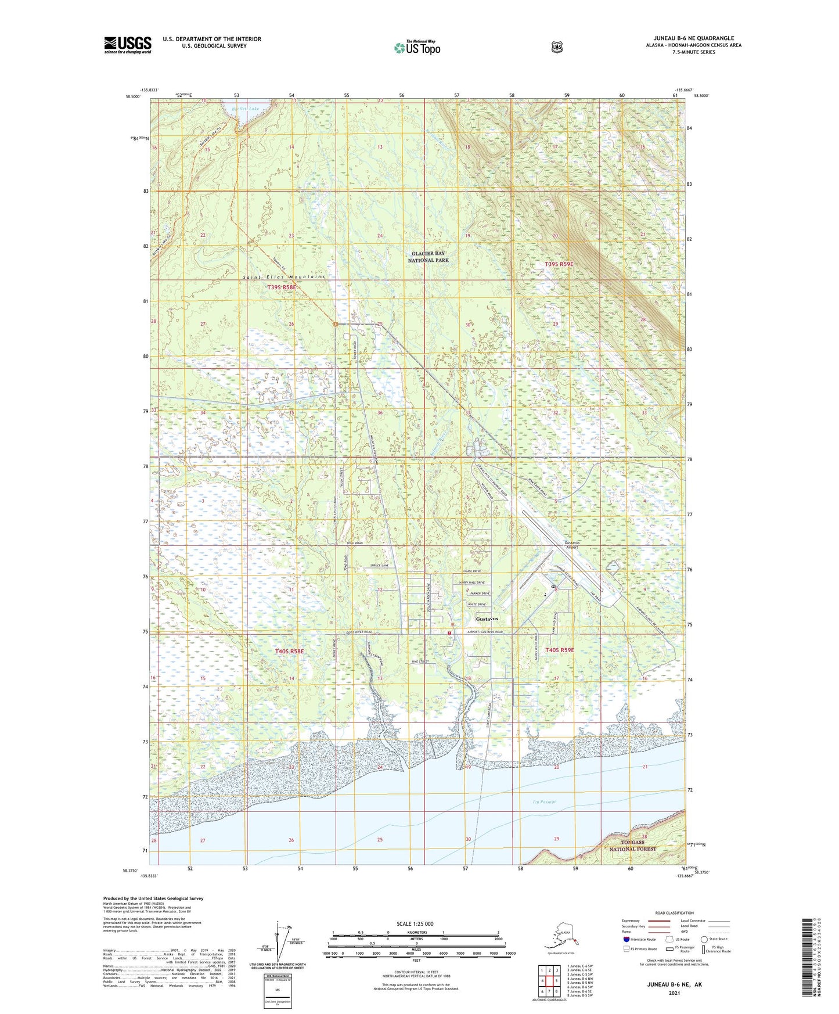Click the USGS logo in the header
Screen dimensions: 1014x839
[x=128, y=45]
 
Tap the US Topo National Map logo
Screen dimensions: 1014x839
[x=417, y=47]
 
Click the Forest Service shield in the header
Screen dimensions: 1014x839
[x=557, y=47]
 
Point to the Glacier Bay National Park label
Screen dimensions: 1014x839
[x=428, y=257]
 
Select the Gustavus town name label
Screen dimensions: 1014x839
[x=487, y=619]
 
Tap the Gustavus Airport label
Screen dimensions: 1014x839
[x=572, y=545]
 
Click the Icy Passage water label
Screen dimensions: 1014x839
[x=544, y=802]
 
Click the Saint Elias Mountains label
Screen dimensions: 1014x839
[x=283, y=277]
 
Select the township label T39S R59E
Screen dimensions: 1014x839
[x=559, y=264]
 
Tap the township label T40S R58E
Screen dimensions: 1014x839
[x=289, y=652]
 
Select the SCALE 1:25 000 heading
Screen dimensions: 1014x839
[x=415, y=924]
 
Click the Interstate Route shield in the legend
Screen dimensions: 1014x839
[x=626, y=939]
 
